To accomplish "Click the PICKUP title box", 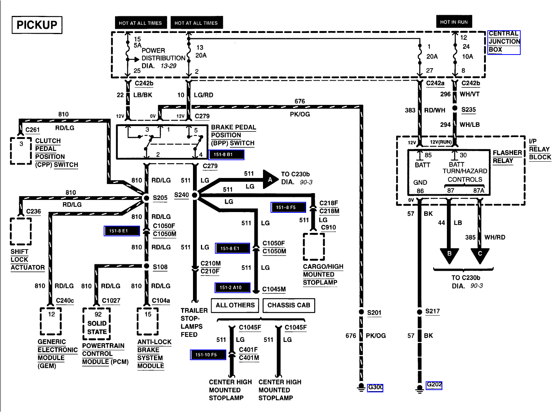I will point(37,25).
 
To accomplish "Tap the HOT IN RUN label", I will point(454,22).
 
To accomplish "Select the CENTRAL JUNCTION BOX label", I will point(504,42).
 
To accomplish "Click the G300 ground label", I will point(375,387).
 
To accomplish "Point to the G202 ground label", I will point(434,385).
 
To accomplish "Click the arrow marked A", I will point(270,179).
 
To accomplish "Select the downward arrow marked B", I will point(449,254).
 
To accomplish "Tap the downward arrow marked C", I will point(480,254).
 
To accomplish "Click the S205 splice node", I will point(146,198).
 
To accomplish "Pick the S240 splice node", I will point(195,195).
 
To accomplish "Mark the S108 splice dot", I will point(146,266).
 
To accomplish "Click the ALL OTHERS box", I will point(235,305).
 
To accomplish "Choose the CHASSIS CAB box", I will point(289,305).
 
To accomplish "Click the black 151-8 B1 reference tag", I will point(226,154).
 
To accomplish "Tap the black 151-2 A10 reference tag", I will point(232,288).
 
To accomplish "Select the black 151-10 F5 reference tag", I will point(208,355).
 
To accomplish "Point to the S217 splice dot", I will point(419,312).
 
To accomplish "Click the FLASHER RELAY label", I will point(507,157).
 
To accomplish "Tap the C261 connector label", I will point(33,130).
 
